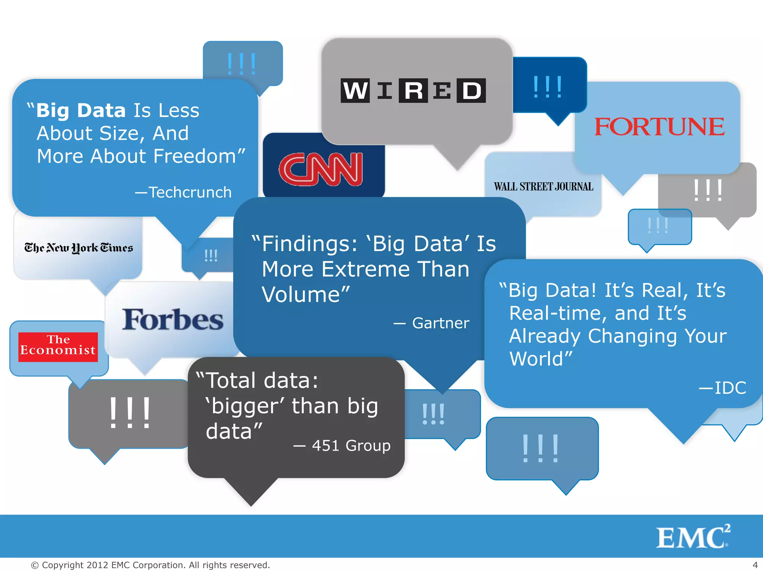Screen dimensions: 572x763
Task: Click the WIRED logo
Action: pos(413,90)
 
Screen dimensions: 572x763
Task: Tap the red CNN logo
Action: pos(321,169)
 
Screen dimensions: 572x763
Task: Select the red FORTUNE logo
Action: pos(659,127)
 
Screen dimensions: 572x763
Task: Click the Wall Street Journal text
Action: pos(543,187)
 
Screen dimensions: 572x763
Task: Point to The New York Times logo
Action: pos(79,248)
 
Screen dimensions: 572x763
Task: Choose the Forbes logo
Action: pos(173,320)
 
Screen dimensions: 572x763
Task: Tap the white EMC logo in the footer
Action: pos(692,537)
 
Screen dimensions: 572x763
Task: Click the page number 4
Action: pos(755,565)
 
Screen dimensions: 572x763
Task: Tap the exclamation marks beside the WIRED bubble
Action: pos(547,88)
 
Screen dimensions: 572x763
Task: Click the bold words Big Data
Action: pos(81,111)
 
